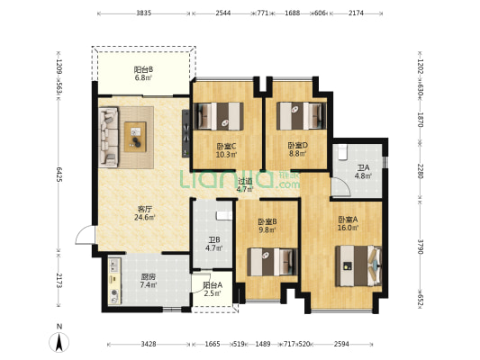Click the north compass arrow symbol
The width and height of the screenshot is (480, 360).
[x=59, y=341]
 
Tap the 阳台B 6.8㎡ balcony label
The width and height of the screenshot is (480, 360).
[x=143, y=74]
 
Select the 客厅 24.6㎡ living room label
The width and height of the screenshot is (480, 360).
[x=144, y=213]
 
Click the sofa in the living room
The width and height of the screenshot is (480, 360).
[x=108, y=137]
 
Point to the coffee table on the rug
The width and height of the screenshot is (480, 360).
[x=135, y=137]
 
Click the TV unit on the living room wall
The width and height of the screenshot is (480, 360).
[x=186, y=133]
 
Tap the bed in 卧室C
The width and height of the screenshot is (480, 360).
[x=219, y=116]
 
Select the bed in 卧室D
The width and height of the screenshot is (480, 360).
[x=302, y=115]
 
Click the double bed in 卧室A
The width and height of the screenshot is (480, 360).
[x=358, y=265]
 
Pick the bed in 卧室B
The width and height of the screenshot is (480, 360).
[x=273, y=262]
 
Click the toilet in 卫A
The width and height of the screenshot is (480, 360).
[x=342, y=152]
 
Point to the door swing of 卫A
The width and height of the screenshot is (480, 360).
[x=340, y=187]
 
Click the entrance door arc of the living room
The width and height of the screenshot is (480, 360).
[x=85, y=235]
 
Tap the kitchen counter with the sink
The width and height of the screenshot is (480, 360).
[x=114, y=281]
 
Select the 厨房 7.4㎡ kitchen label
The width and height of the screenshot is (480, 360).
[x=149, y=281]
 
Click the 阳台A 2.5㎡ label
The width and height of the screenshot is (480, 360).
[x=213, y=289]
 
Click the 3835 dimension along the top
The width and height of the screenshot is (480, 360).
[x=144, y=13]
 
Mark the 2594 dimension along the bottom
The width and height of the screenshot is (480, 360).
[x=341, y=344]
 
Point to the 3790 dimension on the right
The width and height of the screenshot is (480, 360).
[x=420, y=247]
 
